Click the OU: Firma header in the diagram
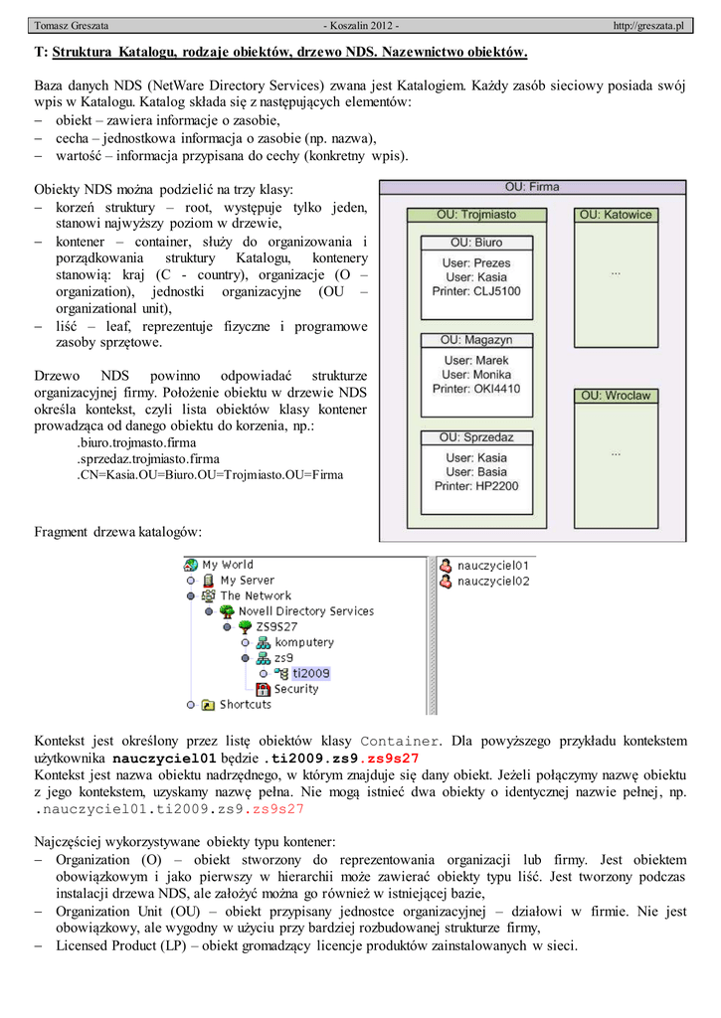point(532,187)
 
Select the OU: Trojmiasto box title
point(476,214)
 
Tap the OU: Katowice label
point(617,214)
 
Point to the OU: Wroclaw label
point(617,396)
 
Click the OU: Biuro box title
point(476,242)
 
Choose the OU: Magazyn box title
point(476,340)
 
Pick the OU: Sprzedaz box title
point(476,437)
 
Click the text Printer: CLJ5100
point(476,291)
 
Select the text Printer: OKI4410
point(476,389)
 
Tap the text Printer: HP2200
point(476,486)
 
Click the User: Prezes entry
point(476,263)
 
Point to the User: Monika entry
point(476,375)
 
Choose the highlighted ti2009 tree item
point(310,673)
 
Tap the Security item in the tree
point(296,689)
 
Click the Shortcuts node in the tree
point(245,705)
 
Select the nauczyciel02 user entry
point(492,581)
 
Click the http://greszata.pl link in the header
point(649,25)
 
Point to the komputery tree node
point(304,642)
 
